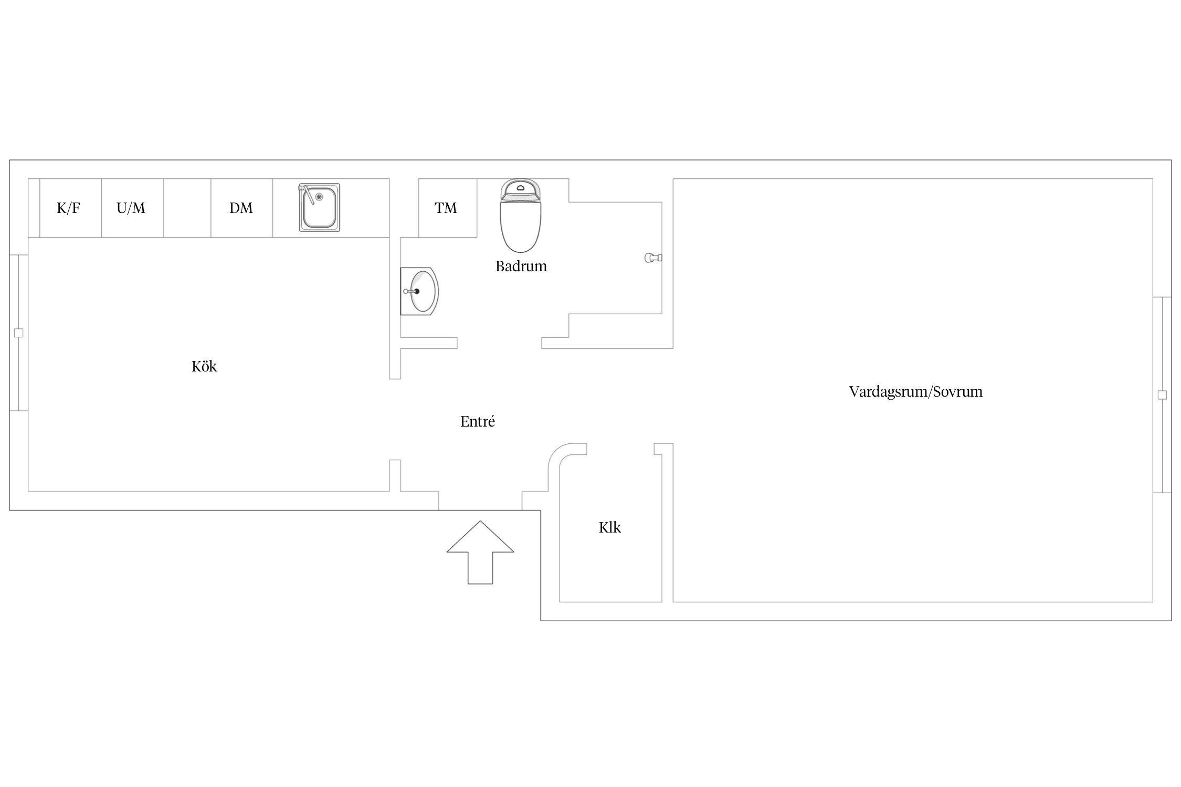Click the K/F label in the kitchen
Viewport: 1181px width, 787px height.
68,208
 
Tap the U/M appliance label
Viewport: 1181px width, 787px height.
131,208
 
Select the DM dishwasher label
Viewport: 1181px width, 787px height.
241,208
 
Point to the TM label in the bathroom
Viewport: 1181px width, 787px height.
446,208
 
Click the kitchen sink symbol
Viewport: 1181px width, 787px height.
319,207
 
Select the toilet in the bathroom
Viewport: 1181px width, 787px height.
520,216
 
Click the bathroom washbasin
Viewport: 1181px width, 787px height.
419,291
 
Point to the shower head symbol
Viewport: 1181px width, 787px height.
653,258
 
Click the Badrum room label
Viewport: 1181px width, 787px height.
521,267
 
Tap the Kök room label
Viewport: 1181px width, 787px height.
204,366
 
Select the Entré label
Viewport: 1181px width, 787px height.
478,421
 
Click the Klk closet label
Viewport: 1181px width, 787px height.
610,527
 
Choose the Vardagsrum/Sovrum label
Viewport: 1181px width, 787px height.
916,392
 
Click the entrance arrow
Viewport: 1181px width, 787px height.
480,552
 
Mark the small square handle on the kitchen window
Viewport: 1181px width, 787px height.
19,333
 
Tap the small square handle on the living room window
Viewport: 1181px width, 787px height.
1162,395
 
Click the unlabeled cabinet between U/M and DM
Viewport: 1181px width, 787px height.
187,208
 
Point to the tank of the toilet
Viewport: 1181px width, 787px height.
520,189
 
